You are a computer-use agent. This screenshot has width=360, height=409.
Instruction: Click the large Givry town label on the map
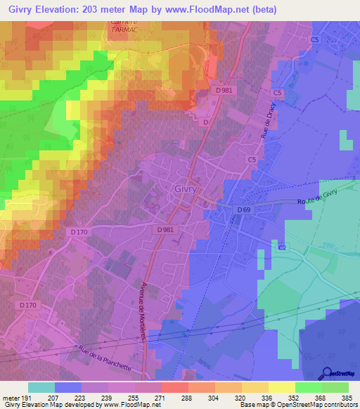(185, 188)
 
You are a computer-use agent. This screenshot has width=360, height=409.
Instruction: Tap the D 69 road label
(243, 210)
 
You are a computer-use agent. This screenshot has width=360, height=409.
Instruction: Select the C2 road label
(283, 249)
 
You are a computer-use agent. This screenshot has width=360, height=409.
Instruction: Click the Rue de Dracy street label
(268, 124)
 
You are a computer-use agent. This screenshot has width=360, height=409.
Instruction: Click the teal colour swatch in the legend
(41, 387)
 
